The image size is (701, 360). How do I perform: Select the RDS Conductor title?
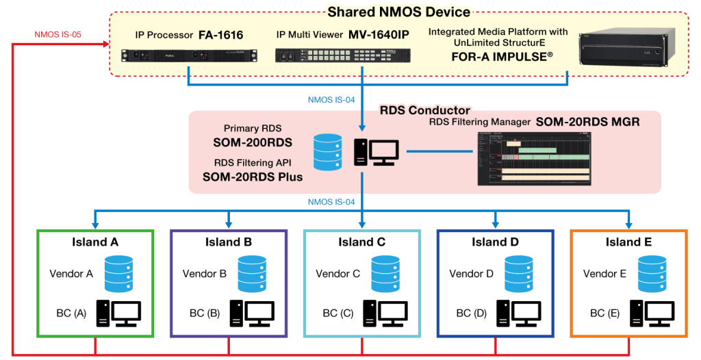click(425, 110)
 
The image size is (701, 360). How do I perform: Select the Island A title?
click(95, 242)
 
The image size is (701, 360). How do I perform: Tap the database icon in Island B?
click(253, 274)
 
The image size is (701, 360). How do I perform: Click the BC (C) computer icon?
click(387, 313)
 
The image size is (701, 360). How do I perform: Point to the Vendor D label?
click(471, 274)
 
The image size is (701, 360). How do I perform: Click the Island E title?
click(628, 242)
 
